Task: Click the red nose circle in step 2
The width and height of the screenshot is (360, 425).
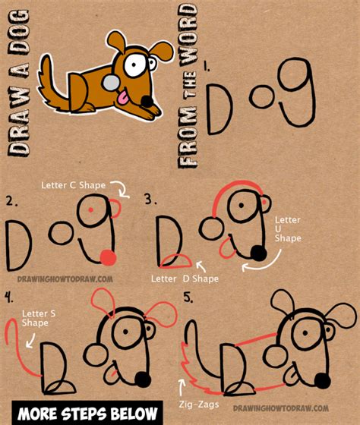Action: pos(108,259)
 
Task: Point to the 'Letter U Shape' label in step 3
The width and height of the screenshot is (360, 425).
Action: pos(288,228)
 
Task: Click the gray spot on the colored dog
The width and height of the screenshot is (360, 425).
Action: pos(110,83)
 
